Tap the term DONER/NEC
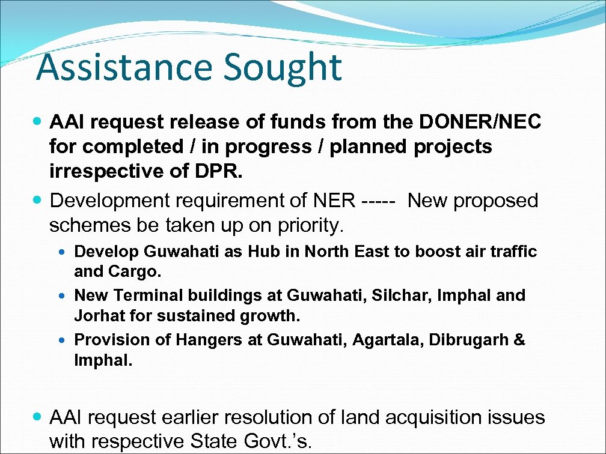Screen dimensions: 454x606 click(480, 122)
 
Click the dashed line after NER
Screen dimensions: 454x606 click(379, 201)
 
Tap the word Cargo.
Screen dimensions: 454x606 click(136, 271)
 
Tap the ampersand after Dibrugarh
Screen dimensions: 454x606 click(519, 340)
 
